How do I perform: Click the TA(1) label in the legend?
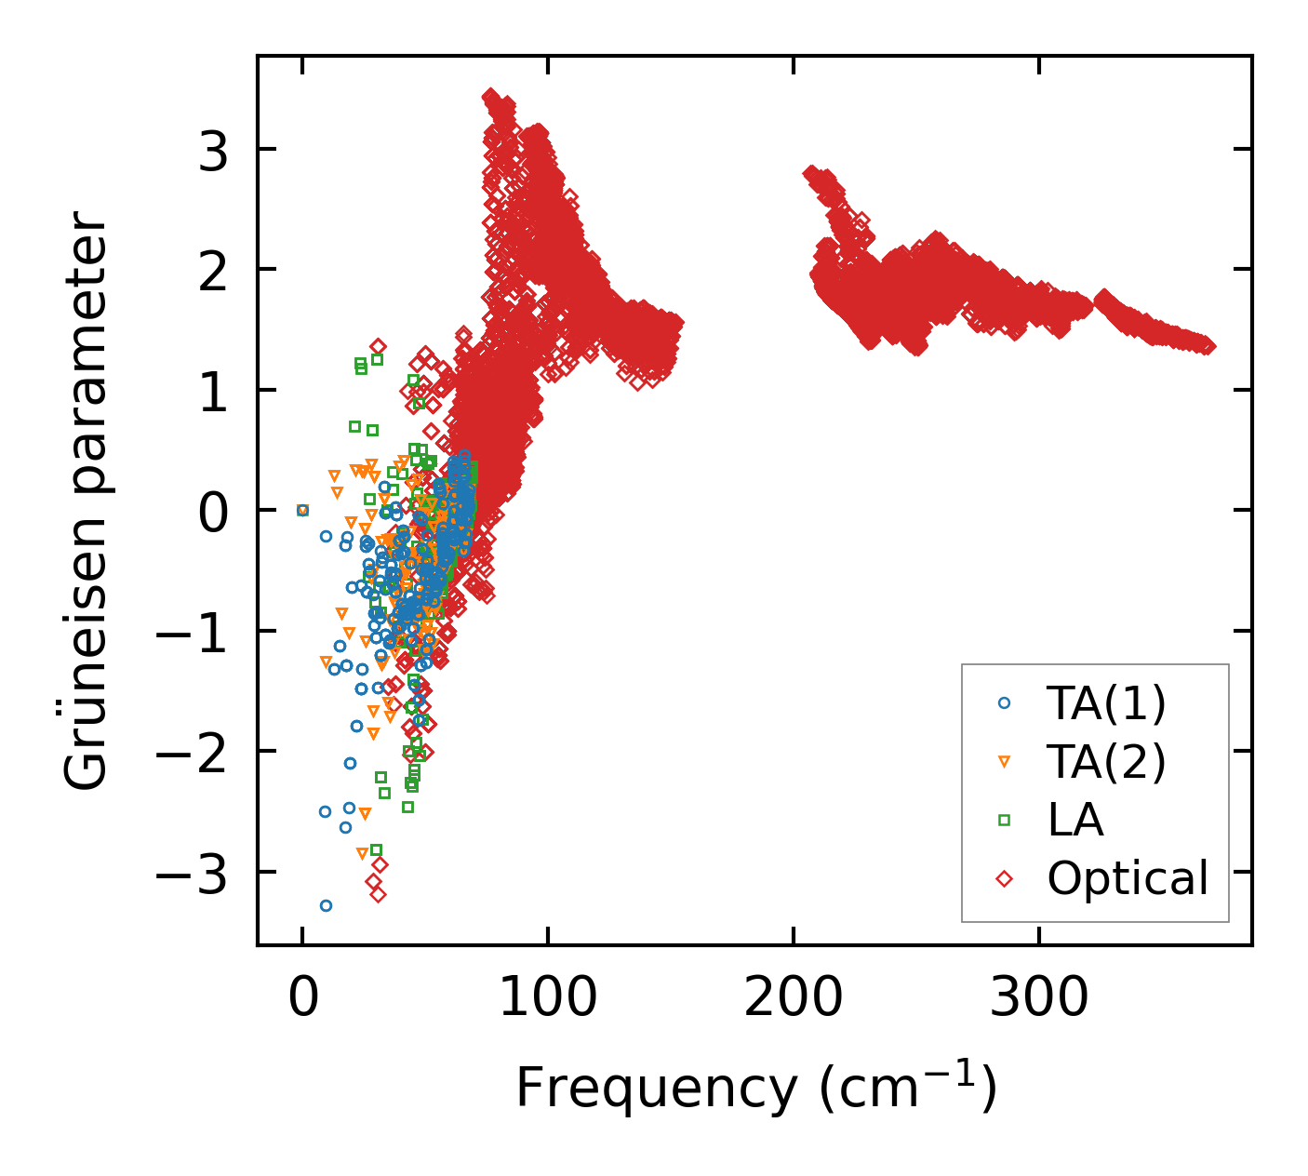(x=1105, y=704)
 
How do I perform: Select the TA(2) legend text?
(x=1105, y=762)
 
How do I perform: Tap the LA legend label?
(x=1074, y=820)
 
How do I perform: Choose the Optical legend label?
(x=1127, y=877)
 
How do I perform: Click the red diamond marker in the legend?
(x=1004, y=877)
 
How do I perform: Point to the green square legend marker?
(x=1004, y=820)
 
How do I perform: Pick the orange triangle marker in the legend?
(x=1004, y=762)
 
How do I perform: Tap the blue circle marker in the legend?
(x=1004, y=704)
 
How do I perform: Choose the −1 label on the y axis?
(x=191, y=632)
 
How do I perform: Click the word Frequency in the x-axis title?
(x=655, y=1089)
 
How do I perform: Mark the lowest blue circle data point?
(x=326, y=905)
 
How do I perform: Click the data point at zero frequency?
(x=302, y=510)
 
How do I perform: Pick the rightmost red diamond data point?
(x=1208, y=346)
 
